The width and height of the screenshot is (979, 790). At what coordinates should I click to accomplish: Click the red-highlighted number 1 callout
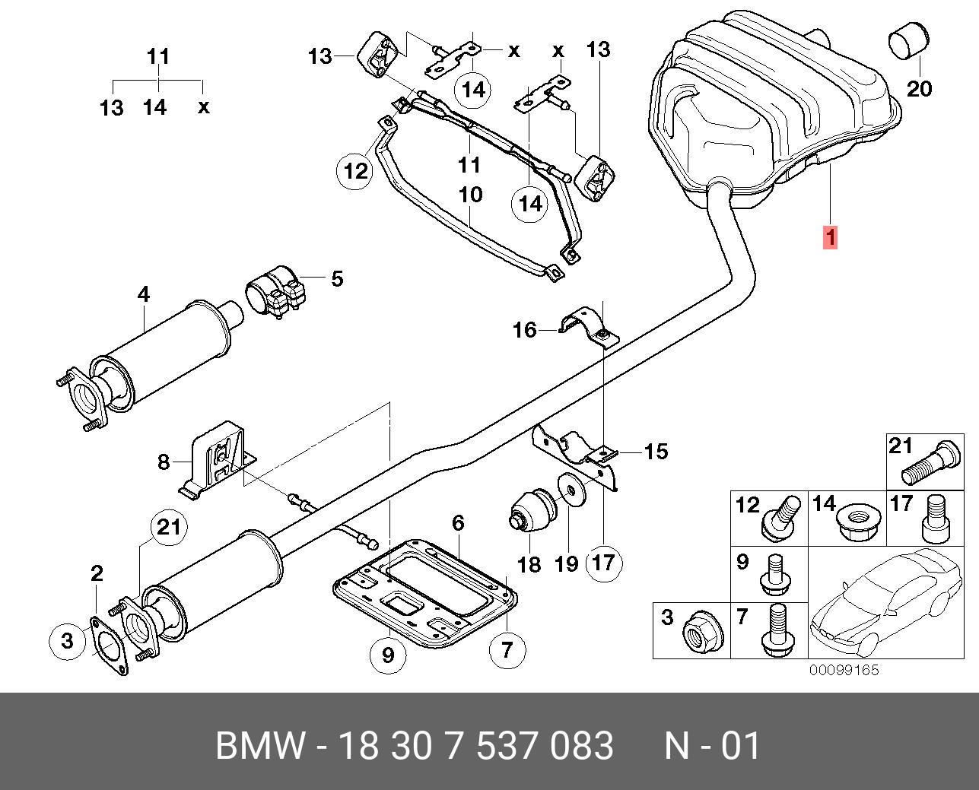[x=831, y=238]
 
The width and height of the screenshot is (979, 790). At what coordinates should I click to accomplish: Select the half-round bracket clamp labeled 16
[x=590, y=328]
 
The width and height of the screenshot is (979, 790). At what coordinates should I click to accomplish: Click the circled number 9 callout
[x=389, y=655]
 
